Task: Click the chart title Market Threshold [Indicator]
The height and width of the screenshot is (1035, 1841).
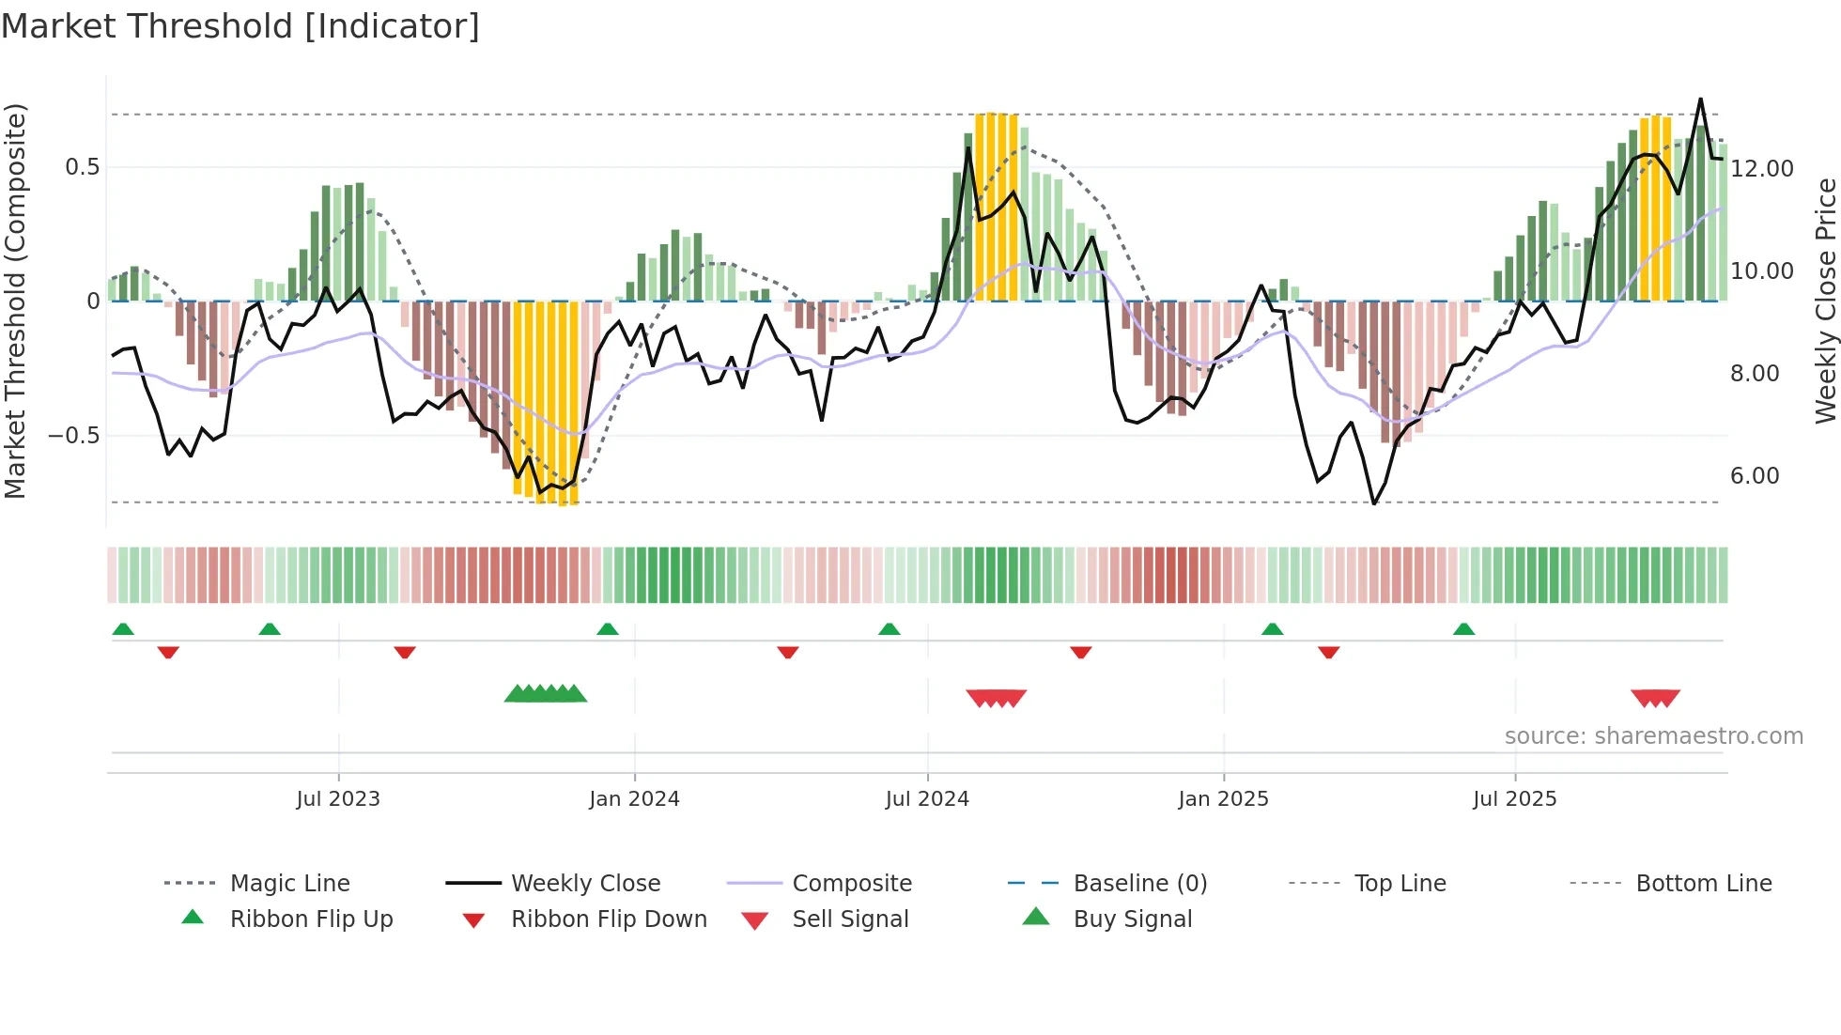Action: tap(240, 26)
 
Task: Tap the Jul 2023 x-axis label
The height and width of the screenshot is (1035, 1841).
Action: tap(338, 799)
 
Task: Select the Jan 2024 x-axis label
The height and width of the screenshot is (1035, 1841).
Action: tap(634, 799)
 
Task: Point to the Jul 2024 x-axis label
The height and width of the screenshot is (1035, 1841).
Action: tap(927, 799)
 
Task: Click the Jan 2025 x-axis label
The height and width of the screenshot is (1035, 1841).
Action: tap(1223, 799)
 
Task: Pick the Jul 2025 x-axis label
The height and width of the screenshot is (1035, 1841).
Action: tap(1514, 799)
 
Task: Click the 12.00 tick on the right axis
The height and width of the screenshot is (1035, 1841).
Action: tap(1761, 169)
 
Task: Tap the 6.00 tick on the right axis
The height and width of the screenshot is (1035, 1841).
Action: tap(1755, 476)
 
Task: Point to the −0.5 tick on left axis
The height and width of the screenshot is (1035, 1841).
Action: tap(73, 436)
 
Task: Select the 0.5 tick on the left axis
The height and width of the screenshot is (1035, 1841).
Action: tap(82, 167)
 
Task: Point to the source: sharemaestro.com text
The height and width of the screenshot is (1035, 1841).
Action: tap(1653, 736)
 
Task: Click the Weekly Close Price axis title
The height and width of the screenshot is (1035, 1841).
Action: tap(1825, 301)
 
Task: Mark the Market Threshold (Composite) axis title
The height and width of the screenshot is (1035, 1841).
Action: tap(15, 301)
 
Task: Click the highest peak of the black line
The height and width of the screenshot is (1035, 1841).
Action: tap(1700, 99)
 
